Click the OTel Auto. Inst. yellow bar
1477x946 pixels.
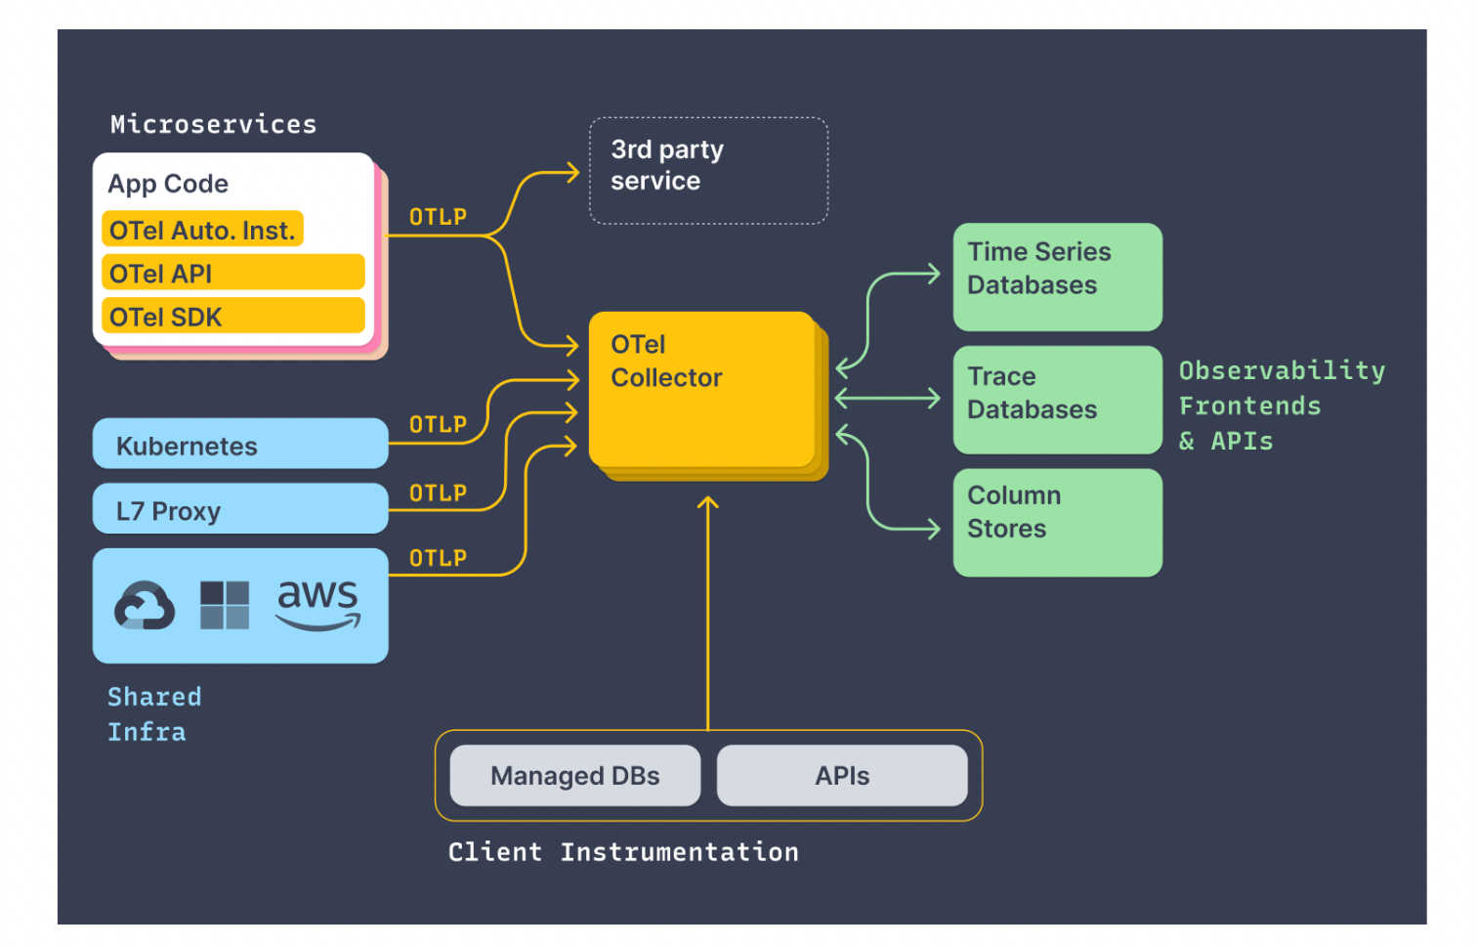coord(202,230)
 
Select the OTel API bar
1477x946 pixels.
coord(232,273)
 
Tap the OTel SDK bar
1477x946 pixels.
coord(232,317)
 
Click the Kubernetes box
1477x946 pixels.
coord(240,445)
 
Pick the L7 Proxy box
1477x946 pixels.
coord(240,509)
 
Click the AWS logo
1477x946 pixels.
coord(318,604)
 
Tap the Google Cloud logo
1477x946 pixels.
coord(145,606)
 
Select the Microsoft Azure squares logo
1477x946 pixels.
coord(225,605)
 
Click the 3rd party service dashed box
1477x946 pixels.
coord(708,171)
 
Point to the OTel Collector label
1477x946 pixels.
coord(666,361)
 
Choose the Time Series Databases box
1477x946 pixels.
coord(1057,277)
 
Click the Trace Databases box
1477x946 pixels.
coord(1057,399)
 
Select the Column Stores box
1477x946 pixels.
coord(1057,522)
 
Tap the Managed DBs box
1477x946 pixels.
coord(574,776)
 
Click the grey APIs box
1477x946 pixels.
coord(842,776)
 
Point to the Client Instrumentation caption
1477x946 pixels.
coord(623,852)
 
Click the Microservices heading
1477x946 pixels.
coord(213,124)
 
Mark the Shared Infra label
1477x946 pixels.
coord(153,714)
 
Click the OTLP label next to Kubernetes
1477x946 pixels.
coord(438,425)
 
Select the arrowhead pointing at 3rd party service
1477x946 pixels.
coord(572,173)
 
